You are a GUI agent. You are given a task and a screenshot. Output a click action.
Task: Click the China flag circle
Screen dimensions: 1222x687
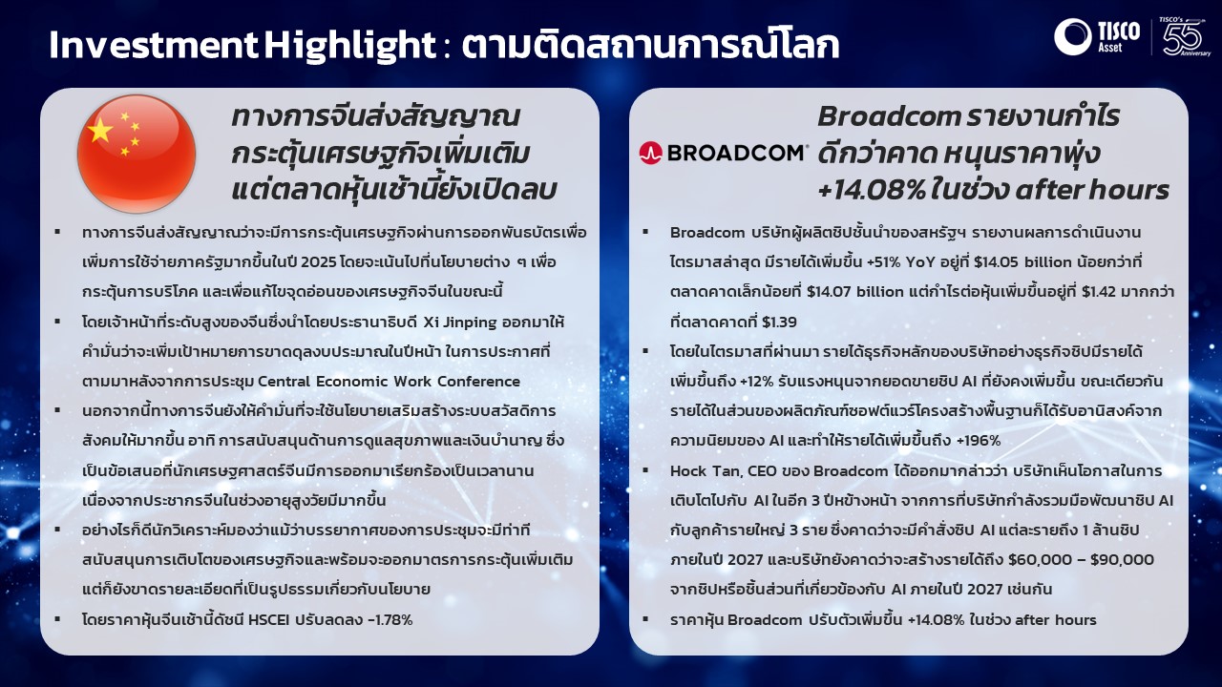click(x=137, y=154)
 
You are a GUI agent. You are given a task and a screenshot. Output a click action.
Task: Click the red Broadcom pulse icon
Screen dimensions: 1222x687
click(x=650, y=154)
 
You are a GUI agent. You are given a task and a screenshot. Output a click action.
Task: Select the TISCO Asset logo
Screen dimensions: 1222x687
click(x=1097, y=36)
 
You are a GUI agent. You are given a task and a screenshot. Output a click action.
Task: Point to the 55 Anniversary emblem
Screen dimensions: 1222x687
click(x=1185, y=36)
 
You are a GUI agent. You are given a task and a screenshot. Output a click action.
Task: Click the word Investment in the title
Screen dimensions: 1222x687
click(x=153, y=45)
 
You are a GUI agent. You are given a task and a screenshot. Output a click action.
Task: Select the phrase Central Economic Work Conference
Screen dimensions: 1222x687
click(x=389, y=381)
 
